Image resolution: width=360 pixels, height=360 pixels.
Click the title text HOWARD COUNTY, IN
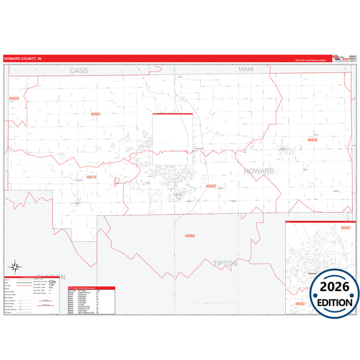[22, 59]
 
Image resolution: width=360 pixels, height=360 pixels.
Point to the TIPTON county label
[226, 263]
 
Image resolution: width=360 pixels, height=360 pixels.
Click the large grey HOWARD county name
[259, 171]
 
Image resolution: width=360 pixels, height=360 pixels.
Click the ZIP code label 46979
[92, 177]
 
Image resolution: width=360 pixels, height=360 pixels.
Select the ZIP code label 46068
[190, 236]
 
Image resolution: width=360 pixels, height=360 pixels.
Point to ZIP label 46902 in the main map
[211, 186]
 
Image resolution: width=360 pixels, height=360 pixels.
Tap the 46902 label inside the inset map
[299, 305]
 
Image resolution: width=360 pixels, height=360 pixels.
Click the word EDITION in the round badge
[331, 302]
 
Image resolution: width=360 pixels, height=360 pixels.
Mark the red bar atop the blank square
[173, 114]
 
